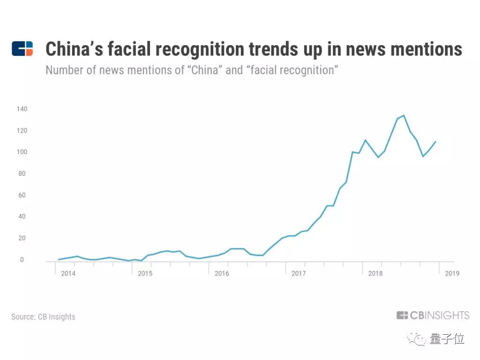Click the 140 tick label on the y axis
pyautogui.click(x=22, y=109)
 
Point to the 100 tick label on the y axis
pyautogui.click(x=22, y=152)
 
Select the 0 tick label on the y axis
pyautogui.click(x=22, y=260)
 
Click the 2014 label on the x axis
pyautogui.click(x=68, y=273)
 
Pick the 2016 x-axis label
pyautogui.click(x=222, y=273)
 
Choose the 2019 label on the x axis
pyautogui.click(x=452, y=273)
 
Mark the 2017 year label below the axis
pyautogui.click(x=299, y=273)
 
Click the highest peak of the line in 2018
pyautogui.click(x=404, y=115)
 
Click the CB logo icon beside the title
pyautogui.click(x=22, y=49)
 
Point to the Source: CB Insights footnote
pyautogui.click(x=43, y=316)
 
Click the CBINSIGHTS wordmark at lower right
pyautogui.click(x=433, y=315)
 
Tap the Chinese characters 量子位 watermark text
pyautogui.click(x=446, y=338)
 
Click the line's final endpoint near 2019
pyautogui.click(x=435, y=142)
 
